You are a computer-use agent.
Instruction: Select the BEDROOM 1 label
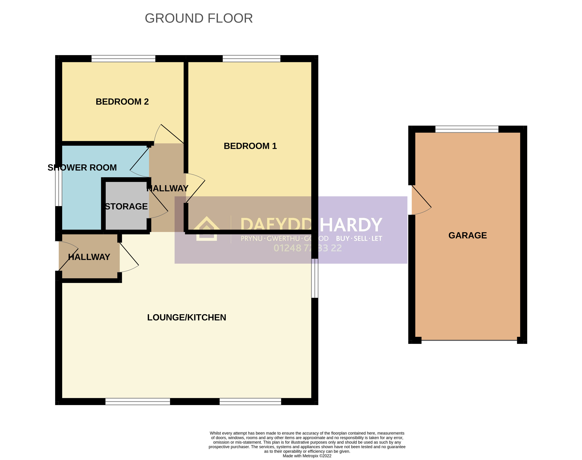pyautogui.click(x=250, y=146)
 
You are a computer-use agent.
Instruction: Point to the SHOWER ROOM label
pyautogui.click(x=82, y=167)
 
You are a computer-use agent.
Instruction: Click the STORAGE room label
pyautogui.click(x=126, y=206)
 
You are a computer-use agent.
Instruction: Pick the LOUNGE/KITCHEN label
pyautogui.click(x=187, y=317)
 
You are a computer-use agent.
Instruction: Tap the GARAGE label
pyautogui.click(x=467, y=235)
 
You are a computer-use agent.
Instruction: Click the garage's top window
pyautogui.click(x=467, y=129)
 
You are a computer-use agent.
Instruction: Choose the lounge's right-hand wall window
pyautogui.click(x=315, y=278)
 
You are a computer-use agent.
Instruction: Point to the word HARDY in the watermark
pyautogui.click(x=351, y=225)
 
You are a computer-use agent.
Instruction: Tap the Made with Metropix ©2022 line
pyautogui.click(x=307, y=456)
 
